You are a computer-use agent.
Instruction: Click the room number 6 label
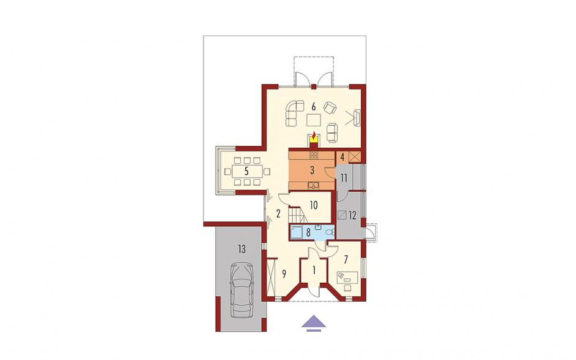[313, 107]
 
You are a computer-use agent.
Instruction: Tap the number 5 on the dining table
[246, 171]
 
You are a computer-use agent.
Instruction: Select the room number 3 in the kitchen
[313, 170]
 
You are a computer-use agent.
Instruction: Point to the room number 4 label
[343, 157]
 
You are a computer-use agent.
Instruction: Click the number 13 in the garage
[241, 250]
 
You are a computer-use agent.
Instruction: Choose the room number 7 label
[346, 259]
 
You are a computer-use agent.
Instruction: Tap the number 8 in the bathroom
[308, 232]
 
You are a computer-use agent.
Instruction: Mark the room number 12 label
[352, 215]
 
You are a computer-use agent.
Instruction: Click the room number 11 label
[344, 178]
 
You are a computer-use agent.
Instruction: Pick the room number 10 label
[313, 205]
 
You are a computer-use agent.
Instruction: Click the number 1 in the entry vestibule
[314, 270]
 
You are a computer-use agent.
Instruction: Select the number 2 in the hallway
[278, 213]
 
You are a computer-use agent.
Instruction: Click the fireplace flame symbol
[314, 136]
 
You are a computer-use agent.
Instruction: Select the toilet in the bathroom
[331, 231]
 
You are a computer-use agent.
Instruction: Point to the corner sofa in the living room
[295, 113]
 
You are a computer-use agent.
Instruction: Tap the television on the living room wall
[357, 117]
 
